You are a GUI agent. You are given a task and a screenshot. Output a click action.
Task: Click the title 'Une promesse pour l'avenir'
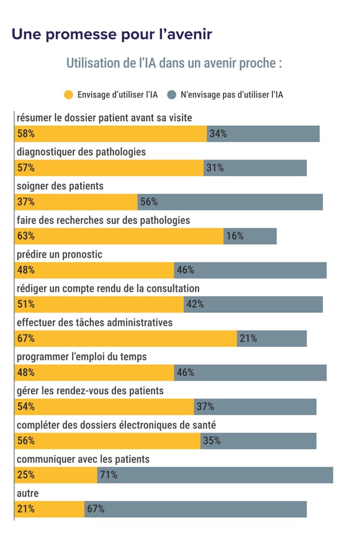[112, 34]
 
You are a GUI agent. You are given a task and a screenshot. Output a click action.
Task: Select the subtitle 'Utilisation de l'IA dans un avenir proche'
[174, 63]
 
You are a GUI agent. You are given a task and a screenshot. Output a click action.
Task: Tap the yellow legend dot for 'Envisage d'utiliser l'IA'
[68, 95]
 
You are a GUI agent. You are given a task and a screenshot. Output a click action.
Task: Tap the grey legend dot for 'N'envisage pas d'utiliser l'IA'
[171, 95]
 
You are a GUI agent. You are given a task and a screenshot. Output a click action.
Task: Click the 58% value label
[25, 133]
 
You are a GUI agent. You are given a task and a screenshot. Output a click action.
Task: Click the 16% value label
[235, 236]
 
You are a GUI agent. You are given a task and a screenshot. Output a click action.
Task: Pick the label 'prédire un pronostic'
[59, 254]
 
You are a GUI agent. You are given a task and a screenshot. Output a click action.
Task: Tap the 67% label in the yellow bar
[25, 338]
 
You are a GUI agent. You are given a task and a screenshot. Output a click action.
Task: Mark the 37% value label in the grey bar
[205, 407]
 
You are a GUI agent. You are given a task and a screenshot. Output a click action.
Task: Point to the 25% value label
[25, 475]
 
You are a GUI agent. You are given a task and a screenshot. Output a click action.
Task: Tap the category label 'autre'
[27, 493]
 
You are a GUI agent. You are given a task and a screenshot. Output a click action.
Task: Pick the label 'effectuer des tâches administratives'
[94, 323]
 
